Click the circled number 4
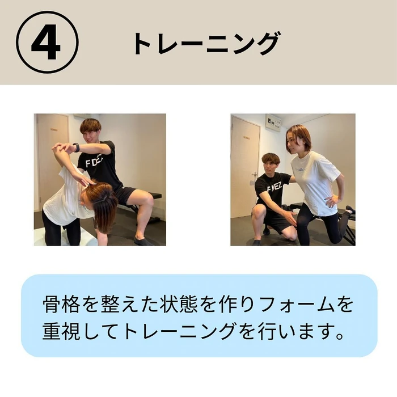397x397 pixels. [47, 43]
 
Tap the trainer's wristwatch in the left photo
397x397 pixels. [76, 147]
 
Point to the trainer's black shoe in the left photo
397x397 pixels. [142, 241]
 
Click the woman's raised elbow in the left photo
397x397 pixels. [56, 149]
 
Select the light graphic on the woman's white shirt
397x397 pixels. [301, 170]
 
